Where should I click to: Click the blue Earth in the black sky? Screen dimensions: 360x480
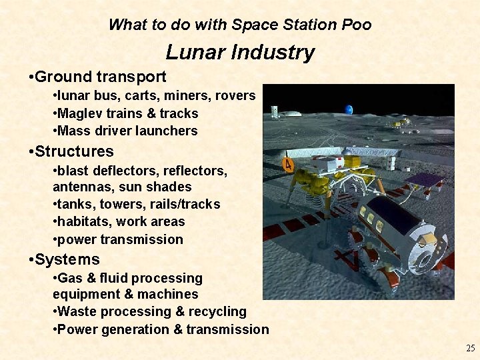(348, 110)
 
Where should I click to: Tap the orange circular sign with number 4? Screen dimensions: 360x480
(289, 164)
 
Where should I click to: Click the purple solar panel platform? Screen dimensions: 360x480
(425, 179)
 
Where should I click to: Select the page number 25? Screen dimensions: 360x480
(471, 348)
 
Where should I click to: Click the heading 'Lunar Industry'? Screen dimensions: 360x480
(240, 53)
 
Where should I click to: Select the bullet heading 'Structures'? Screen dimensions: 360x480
(74, 151)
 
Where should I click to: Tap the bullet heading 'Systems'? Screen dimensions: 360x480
(67, 259)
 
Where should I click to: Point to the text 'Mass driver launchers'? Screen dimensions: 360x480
(127, 131)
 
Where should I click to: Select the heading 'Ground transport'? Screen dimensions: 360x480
(100, 77)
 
